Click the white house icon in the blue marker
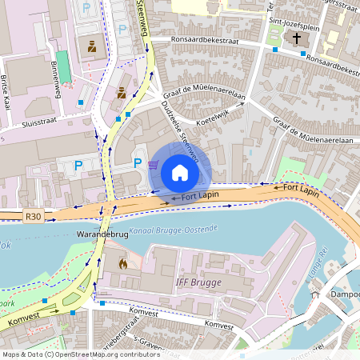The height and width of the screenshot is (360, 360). point(180,172)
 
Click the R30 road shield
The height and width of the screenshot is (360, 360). point(33,216)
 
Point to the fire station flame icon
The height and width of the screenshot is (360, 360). point(122,262)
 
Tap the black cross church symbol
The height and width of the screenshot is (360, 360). point(297,38)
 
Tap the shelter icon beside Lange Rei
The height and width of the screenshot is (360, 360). point(315,294)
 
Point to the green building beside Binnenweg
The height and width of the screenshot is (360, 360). point(63,69)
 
